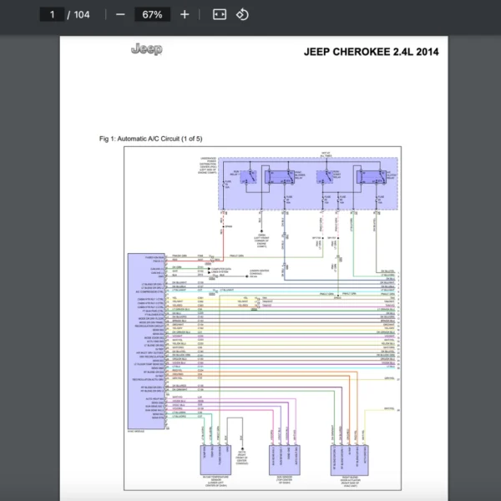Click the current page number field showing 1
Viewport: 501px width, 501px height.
click(53, 14)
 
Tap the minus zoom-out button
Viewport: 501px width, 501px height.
click(121, 14)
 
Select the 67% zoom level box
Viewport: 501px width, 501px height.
click(152, 14)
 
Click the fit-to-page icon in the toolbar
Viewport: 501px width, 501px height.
click(220, 14)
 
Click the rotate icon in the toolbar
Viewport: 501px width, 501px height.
click(242, 14)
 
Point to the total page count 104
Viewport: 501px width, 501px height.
click(81, 14)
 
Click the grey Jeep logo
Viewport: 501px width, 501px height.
click(147, 49)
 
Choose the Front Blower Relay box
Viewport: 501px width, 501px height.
click(280, 177)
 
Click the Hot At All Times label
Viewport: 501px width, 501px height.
click(326, 154)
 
